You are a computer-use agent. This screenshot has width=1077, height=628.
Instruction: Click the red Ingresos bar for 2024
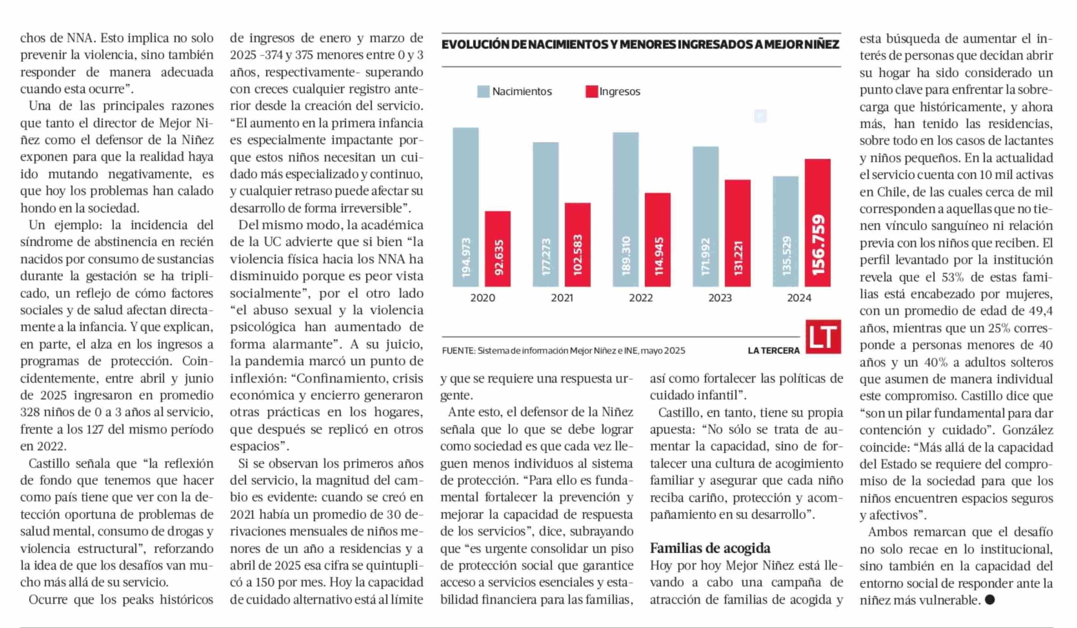[817, 222]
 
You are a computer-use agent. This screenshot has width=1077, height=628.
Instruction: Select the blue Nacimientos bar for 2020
[465, 207]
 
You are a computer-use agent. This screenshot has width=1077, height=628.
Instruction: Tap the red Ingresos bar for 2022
[657, 240]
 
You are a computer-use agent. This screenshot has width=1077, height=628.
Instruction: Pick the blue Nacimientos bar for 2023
[705, 217]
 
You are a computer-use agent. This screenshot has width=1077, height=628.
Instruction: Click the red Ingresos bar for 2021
[577, 245]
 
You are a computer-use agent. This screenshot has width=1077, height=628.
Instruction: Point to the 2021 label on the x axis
[562, 298]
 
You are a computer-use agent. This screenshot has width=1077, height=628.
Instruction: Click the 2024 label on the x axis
[799, 298]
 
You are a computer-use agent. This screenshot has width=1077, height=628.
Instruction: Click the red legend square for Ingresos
[592, 92]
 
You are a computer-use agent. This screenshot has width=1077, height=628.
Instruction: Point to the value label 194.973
[466, 256]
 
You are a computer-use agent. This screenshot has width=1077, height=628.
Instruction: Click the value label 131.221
[738, 258]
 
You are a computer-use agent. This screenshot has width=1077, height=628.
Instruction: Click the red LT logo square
[823, 337]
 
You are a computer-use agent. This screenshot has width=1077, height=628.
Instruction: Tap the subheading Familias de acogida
[710, 548]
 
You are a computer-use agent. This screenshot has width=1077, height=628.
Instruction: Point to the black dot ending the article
[989, 600]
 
